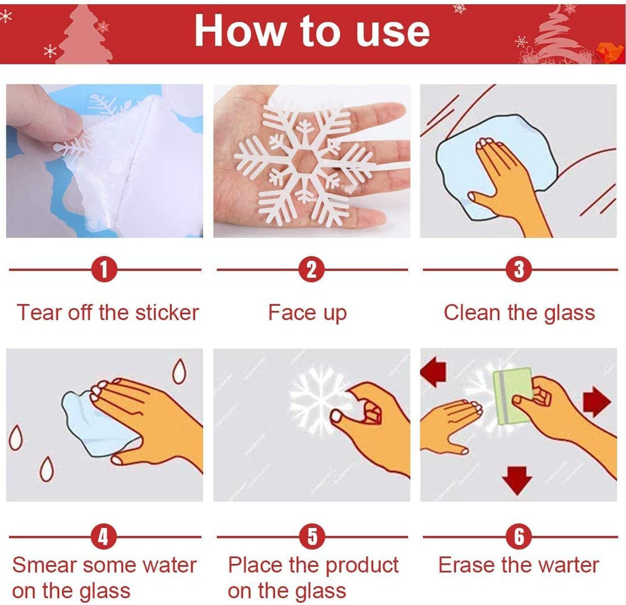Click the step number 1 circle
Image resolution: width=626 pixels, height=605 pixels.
tap(104, 270)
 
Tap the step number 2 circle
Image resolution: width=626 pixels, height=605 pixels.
tap(312, 270)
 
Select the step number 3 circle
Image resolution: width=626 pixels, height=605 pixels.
tap(519, 270)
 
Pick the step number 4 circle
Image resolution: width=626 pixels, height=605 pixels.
tap(103, 537)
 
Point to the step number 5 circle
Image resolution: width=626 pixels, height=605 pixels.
tap(312, 537)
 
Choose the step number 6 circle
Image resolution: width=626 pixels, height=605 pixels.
tap(519, 537)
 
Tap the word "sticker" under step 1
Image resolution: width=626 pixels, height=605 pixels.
tap(167, 313)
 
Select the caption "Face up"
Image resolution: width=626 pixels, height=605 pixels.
tap(307, 313)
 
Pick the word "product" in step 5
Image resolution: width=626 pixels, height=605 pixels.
tap(362, 565)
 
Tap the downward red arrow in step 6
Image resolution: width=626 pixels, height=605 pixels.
tap(517, 480)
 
